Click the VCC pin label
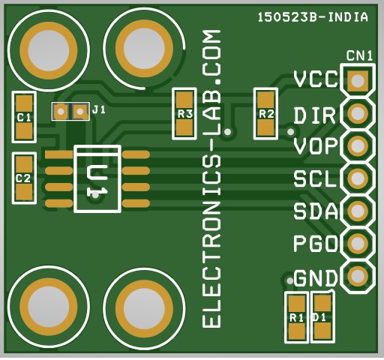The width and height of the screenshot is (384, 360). (316, 79)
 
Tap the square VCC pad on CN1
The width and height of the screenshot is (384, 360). (358, 80)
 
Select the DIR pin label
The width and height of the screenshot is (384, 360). (314, 115)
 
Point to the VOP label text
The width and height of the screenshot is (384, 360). (316, 146)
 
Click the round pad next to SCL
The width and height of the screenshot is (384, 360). (358, 178)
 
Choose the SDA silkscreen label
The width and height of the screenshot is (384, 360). (316, 211)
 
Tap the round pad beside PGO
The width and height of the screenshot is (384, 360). (358, 243)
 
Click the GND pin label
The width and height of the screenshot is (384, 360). (316, 278)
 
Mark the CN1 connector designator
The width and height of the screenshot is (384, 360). (359, 55)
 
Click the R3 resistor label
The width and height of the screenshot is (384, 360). (185, 114)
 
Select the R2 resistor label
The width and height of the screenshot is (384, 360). (266, 114)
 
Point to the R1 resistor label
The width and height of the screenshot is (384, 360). (297, 318)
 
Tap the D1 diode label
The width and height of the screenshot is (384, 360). (319, 318)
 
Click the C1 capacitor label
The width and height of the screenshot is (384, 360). (24, 118)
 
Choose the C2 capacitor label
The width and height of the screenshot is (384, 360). (23, 178)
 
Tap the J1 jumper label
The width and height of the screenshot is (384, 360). (99, 109)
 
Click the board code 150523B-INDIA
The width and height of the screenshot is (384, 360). (313, 17)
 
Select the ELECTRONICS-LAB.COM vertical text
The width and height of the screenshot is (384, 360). (211, 178)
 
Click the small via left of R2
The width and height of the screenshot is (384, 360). (228, 131)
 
